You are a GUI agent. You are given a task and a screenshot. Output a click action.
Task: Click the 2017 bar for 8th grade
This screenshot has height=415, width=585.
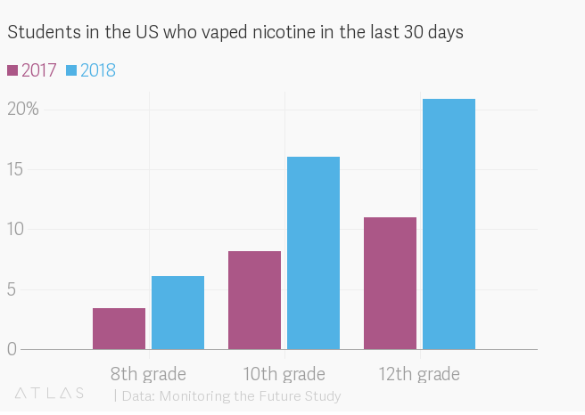[119, 329]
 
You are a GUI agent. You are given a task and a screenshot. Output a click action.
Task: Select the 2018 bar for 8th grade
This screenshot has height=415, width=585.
[177, 313]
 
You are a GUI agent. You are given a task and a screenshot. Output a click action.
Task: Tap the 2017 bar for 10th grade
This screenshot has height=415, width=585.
[254, 300]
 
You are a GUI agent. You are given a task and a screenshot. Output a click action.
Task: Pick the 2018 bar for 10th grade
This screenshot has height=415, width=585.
[313, 253]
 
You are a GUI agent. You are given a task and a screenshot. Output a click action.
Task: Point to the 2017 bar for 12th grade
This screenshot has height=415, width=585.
[390, 283]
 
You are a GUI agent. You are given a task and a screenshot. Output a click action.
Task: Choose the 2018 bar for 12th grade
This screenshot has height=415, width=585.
[449, 224]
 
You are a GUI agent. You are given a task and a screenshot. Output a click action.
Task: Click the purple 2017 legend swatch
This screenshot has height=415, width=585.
[13, 70]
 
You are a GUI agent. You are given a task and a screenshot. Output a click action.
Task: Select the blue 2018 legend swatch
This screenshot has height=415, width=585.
[72, 70]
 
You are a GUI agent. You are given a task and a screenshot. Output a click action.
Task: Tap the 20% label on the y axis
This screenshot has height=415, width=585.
[22, 110]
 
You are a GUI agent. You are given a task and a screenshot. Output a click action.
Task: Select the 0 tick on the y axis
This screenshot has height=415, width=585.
[12, 349]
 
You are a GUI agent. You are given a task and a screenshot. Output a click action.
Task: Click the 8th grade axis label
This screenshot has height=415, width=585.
[148, 374]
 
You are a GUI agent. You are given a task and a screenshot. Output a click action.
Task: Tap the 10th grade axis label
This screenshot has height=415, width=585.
[284, 374]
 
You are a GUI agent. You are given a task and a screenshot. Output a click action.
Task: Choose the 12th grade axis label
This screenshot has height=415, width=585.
[419, 374]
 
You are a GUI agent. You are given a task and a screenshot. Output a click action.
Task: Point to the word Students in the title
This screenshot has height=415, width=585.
[41, 33]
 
